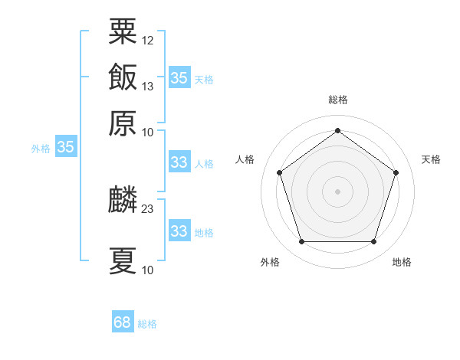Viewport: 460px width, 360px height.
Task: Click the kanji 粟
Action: pyautogui.click(x=123, y=32)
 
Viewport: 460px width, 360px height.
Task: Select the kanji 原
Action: pyautogui.click(x=123, y=123)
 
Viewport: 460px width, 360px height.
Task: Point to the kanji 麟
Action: pyautogui.click(x=123, y=201)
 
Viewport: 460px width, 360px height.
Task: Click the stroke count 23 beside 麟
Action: pyautogui.click(x=148, y=208)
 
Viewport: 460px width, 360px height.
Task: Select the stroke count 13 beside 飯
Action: pyautogui.click(x=148, y=86)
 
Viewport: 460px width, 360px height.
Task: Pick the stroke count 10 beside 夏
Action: pyautogui.click(x=148, y=269)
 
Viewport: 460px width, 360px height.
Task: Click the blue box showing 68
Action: pyautogui.click(x=123, y=322)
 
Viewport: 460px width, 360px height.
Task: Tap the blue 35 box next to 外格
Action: pyautogui.click(x=66, y=148)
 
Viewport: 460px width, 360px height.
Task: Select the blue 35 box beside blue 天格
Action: pyautogui.click(x=179, y=77)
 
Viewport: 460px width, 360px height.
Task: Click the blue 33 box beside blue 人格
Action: pyautogui.click(x=179, y=162)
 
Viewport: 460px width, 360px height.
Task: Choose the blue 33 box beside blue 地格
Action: pyautogui.click(x=179, y=231)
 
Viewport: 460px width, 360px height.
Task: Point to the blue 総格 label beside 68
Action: pyautogui.click(x=147, y=324)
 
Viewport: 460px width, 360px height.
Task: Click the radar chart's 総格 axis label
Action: pyautogui.click(x=338, y=100)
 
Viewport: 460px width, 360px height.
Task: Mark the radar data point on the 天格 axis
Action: pyautogui.click(x=396, y=172)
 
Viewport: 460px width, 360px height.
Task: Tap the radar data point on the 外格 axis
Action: pyautogui.click(x=301, y=242)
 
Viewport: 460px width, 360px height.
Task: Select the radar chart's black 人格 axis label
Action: pyautogui.click(x=245, y=159)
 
